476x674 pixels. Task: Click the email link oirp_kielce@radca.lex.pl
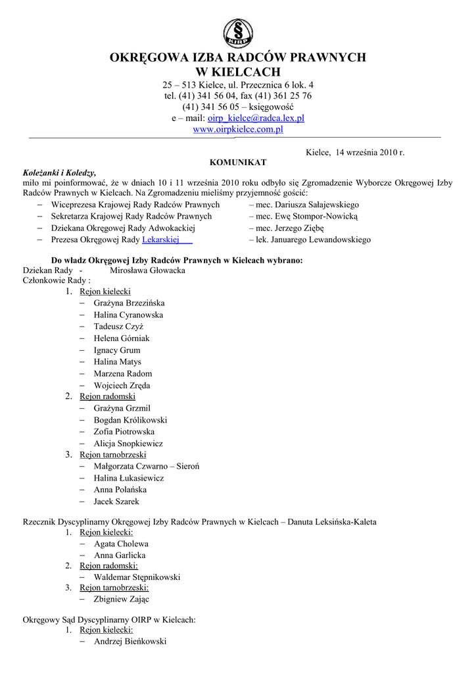[x=256, y=118]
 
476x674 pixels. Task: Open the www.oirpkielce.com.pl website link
[x=237, y=130]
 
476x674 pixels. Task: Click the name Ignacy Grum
[x=117, y=350]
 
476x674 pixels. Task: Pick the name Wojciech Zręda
[x=122, y=385]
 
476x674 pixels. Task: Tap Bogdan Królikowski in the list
[x=130, y=420]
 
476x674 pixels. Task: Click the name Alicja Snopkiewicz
[x=128, y=444]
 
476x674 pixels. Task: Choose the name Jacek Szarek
[x=116, y=502]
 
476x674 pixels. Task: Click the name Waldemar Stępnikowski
[x=137, y=577]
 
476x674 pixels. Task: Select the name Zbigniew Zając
[x=122, y=600]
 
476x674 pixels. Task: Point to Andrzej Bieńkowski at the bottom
[x=130, y=641]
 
